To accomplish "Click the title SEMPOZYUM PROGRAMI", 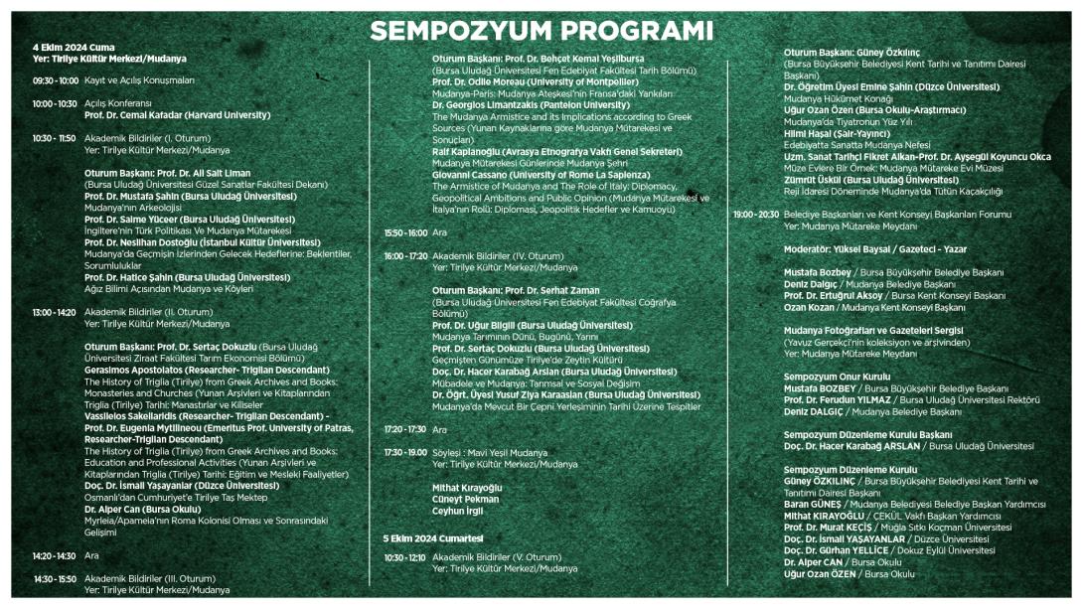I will pyautogui.click(x=541, y=30).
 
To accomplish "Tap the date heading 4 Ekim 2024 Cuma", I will pyautogui.click(x=74, y=48).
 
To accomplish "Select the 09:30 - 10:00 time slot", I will pyautogui.click(x=56, y=80).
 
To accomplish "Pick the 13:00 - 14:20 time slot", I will pyautogui.click(x=55, y=312).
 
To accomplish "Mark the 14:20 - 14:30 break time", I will pyautogui.click(x=55, y=556).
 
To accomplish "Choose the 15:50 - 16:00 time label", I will pyautogui.click(x=405, y=232).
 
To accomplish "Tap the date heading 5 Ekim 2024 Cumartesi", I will pyautogui.click(x=433, y=537).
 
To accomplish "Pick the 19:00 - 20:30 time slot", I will pyautogui.click(x=756, y=214).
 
